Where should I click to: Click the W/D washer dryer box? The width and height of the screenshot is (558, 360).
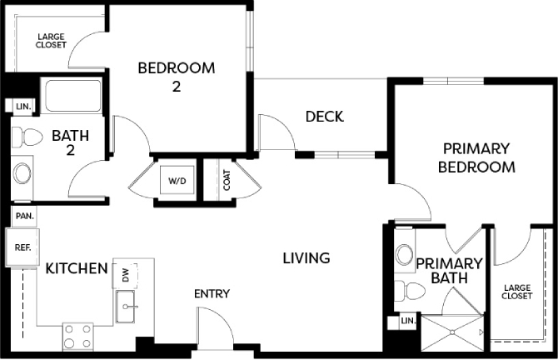177,180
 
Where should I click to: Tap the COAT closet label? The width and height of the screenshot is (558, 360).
227,180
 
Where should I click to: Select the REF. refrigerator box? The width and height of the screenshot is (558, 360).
22,247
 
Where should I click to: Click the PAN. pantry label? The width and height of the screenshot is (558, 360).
25,216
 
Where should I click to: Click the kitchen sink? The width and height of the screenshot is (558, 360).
125,306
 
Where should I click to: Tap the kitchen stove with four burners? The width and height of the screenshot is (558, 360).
78,336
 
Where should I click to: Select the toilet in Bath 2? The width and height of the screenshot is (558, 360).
27,137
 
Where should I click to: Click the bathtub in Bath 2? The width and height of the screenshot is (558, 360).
71,96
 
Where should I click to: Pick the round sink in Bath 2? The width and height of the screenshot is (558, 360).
22,174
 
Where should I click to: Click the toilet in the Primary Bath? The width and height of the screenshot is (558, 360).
410,291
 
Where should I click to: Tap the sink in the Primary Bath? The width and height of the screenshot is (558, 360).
405,254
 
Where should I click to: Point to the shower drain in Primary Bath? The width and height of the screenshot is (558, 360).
452,332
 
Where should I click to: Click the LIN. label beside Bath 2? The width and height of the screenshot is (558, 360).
24,107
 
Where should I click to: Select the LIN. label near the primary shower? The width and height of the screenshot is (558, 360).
408,321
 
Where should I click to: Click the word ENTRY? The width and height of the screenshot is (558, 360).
212,294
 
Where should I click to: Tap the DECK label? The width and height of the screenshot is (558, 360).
325,117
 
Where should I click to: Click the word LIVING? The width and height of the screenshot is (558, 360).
306,258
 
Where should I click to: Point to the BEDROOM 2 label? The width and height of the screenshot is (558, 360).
177,77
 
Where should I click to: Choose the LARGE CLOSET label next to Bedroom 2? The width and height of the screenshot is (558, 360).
51,41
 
